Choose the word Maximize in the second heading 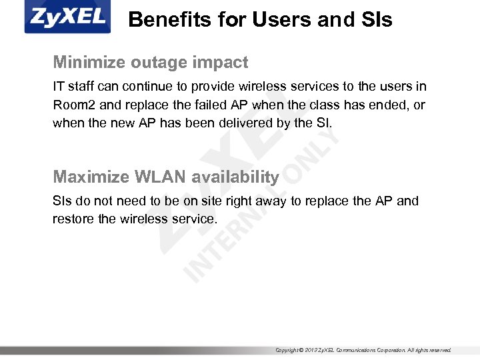(x=91, y=177)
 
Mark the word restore (x=73, y=219)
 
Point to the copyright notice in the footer (x=363, y=350)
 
